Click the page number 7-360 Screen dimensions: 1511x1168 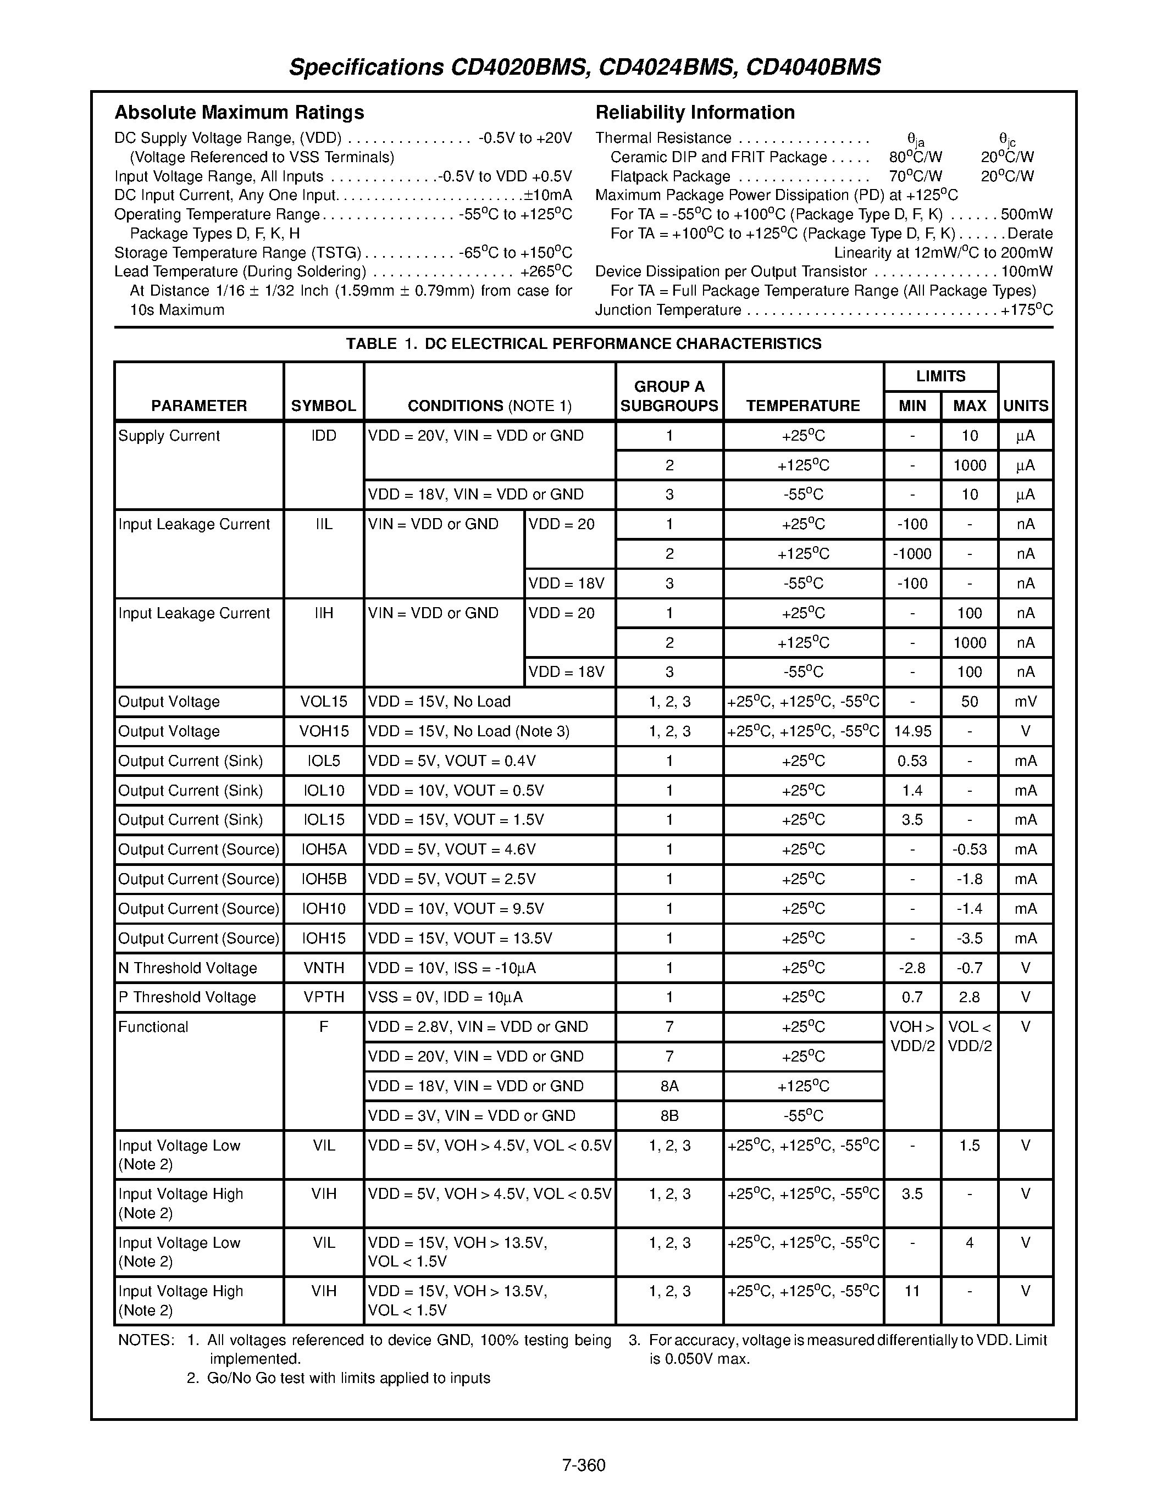point(583,1465)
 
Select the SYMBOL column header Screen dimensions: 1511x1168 point(323,405)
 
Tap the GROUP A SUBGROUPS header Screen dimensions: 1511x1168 point(669,396)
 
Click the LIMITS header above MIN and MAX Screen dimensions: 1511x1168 point(940,376)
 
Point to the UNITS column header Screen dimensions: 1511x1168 point(1026,405)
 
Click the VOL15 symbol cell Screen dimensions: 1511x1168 point(323,702)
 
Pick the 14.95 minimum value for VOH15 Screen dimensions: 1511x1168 point(912,731)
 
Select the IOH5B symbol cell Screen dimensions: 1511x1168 point(323,879)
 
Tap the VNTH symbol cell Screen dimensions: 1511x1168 point(323,968)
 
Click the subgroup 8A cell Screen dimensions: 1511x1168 point(669,1086)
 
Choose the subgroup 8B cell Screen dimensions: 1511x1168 point(669,1116)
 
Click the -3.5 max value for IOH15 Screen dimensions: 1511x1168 point(970,939)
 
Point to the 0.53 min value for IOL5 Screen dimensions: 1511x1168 point(912,761)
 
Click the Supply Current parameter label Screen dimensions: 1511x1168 point(169,436)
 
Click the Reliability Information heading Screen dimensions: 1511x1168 point(695,112)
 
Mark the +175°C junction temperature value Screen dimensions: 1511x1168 point(1026,310)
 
